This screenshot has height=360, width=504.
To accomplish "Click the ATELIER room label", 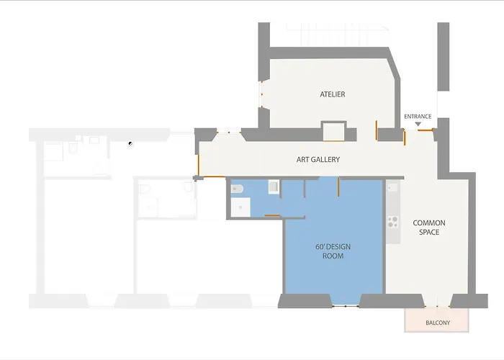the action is (x=333, y=94).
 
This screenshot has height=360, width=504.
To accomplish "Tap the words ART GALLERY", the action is (x=318, y=159).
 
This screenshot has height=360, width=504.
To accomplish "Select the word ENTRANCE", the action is (x=418, y=117).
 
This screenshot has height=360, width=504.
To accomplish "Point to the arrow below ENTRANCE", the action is (x=418, y=124).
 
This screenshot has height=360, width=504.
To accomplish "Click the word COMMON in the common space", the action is (x=429, y=222).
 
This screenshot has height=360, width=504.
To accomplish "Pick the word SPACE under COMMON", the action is (x=429, y=232).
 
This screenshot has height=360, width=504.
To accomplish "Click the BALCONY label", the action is (x=438, y=323).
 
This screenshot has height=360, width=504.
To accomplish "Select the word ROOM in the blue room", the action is (x=333, y=256).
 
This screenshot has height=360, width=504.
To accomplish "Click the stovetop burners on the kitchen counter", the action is (x=393, y=222).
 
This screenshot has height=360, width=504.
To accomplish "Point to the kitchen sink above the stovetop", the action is (x=392, y=188).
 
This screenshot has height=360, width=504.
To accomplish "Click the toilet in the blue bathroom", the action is (x=237, y=189).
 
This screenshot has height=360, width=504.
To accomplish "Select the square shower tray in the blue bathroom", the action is (x=240, y=207).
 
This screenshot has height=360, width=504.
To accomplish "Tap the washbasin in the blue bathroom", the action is (x=274, y=186).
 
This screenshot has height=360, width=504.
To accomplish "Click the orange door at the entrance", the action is (x=426, y=130).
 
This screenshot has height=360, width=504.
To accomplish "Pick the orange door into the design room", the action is (x=338, y=186).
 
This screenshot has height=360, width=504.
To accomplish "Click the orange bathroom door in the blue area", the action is (x=272, y=215).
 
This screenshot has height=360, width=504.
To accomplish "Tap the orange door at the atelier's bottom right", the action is (x=376, y=130).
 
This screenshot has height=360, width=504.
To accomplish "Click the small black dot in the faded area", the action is (x=130, y=144).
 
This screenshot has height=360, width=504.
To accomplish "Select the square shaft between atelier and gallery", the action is (x=333, y=131).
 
